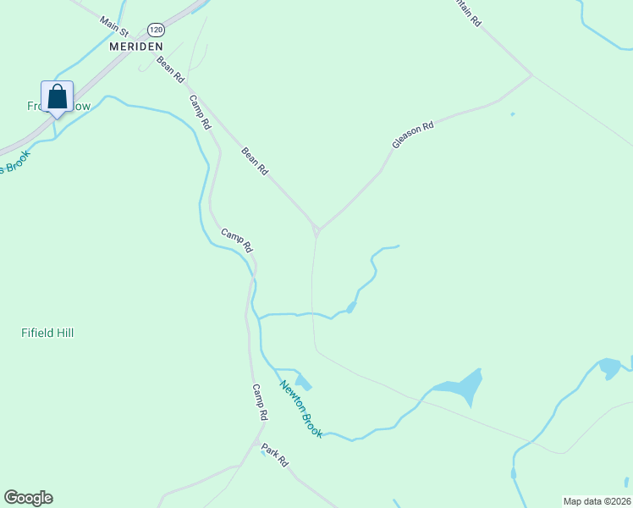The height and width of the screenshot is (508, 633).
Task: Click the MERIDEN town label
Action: pyautogui.click(x=135, y=47)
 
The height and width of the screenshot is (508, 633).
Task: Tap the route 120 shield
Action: pyautogui.click(x=154, y=29)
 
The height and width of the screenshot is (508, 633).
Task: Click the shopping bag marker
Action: pyautogui.click(x=57, y=97)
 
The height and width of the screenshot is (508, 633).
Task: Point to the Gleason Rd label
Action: pyautogui.click(x=413, y=135)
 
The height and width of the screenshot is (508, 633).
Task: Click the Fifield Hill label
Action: pyautogui.click(x=47, y=333)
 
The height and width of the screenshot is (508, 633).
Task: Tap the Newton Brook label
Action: pyautogui.click(x=301, y=408)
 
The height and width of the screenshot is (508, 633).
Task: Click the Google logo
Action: pyautogui.click(x=28, y=498)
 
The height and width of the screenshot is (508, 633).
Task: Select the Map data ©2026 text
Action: pyautogui.click(x=597, y=501)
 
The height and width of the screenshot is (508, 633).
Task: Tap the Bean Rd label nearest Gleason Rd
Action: pyautogui.click(x=255, y=161)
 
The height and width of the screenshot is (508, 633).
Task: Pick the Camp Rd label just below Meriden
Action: pyautogui.click(x=200, y=111)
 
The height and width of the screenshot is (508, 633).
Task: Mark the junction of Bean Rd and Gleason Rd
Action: pyautogui.click(x=316, y=229)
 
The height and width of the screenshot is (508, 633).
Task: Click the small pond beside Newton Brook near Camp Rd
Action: pyautogui.click(x=302, y=381)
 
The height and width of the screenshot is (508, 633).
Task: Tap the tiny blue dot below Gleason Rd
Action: pyautogui.click(x=512, y=114)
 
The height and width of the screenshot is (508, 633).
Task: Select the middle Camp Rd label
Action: pyautogui.click(x=237, y=240)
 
